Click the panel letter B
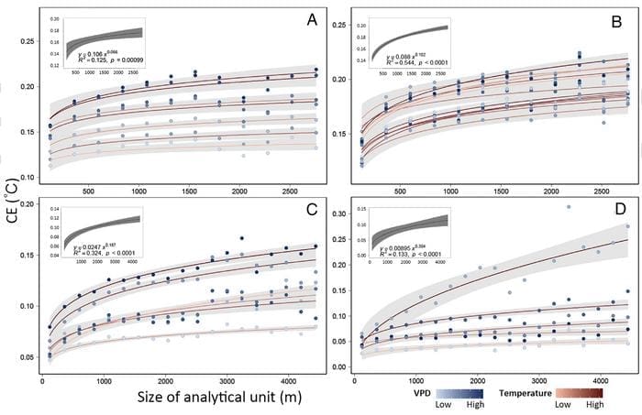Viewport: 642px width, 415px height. pos(622,18)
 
